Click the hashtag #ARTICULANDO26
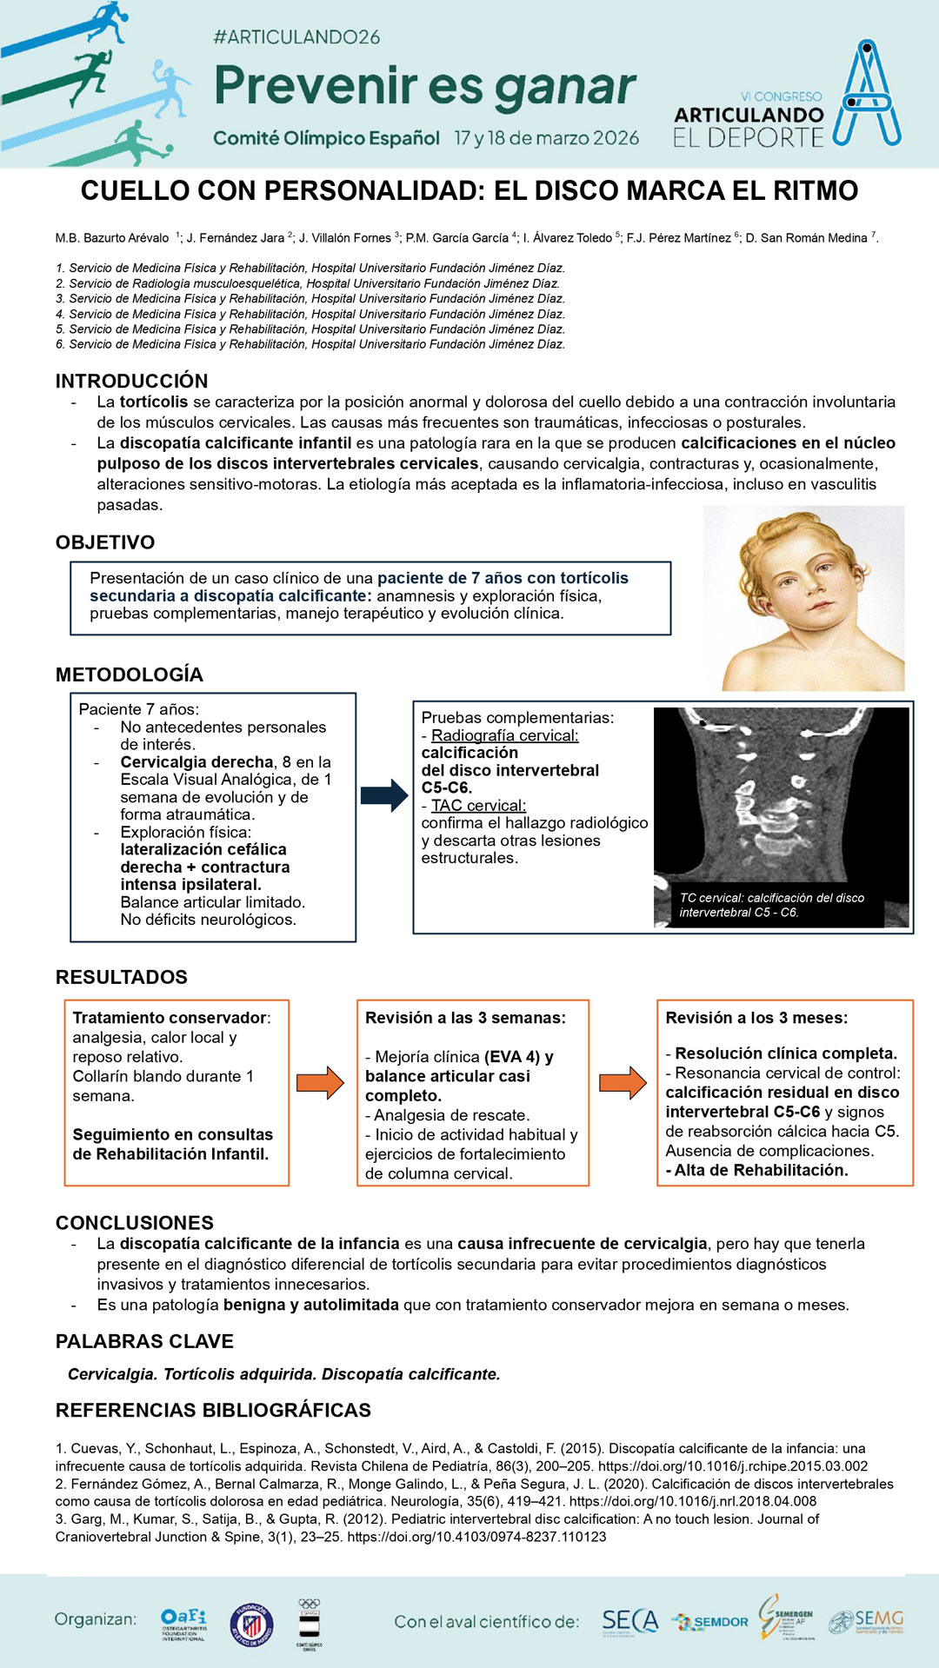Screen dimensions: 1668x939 point(296,37)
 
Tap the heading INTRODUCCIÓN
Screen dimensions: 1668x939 point(131,381)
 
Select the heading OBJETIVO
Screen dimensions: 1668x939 point(105,542)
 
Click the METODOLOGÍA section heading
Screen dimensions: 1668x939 point(130,675)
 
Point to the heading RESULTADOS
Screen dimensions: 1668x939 point(122,977)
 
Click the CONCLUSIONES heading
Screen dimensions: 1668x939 point(135,1223)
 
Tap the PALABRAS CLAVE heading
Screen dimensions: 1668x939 point(144,1341)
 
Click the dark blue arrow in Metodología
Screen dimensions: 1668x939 point(383,795)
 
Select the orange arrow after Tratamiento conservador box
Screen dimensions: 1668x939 point(320,1082)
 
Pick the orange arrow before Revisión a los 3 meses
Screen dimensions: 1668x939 point(623,1082)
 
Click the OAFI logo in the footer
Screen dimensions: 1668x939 point(183,1623)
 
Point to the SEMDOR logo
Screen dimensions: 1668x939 point(710,1622)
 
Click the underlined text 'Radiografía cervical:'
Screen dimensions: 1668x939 point(504,735)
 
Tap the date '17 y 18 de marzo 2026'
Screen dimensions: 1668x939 point(547,138)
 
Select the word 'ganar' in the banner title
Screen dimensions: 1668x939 point(566,87)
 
